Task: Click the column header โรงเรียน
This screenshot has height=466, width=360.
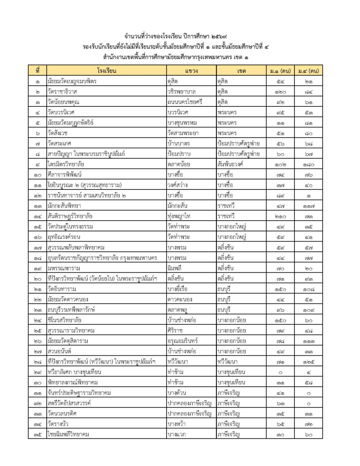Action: coord(106,71)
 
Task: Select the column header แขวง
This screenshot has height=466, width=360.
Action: coord(191,71)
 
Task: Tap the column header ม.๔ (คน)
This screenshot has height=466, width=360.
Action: coord(308,71)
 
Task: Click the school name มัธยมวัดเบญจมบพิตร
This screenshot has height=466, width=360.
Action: coord(72,82)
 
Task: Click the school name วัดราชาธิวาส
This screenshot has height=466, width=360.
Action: coord(62,92)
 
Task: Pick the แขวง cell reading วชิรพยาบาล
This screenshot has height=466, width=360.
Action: coord(181,92)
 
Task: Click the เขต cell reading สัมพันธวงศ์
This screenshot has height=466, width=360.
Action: coord(233,164)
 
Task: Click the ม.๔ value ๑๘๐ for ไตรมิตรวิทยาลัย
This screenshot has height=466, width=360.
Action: coord(308,164)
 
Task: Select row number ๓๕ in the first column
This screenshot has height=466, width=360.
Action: coord(37,434)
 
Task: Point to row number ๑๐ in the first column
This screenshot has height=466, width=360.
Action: coord(37,174)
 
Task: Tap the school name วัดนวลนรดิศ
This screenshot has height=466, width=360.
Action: coord(63,414)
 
